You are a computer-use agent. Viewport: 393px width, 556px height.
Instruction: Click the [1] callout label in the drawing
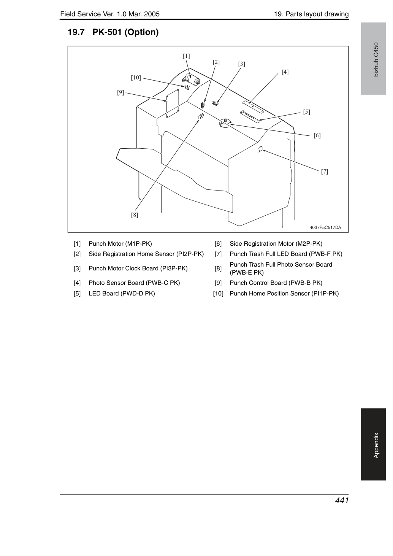pos(186,56)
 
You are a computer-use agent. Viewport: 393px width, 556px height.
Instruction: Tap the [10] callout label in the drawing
pos(136,78)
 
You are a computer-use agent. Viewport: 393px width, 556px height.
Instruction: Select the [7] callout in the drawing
pos(325,172)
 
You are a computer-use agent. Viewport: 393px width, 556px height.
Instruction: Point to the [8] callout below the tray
pos(135,215)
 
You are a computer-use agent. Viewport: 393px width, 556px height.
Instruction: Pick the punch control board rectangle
pos(173,103)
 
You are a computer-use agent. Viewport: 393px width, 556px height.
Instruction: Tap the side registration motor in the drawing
pos(225,123)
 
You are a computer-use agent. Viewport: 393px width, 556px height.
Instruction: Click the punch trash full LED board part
pos(260,149)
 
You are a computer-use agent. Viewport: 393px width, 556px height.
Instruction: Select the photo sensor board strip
pos(253,106)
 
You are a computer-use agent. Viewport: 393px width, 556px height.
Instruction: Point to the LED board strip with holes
pos(250,116)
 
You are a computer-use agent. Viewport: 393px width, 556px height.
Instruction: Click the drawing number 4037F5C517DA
pos(325,227)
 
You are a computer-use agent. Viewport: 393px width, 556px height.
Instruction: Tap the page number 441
pos(342,500)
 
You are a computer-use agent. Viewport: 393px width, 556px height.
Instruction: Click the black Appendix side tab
pos(373,444)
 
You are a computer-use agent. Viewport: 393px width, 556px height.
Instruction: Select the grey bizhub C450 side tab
pos(373,59)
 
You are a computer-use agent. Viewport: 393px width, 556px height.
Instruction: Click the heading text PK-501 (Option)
pos(125,32)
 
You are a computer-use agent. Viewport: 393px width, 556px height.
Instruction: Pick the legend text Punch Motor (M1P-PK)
pos(120,244)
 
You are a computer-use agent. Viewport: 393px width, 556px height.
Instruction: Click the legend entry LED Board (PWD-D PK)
pos(122,293)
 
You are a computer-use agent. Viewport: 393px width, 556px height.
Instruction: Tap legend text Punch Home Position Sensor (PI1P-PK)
pos(284,293)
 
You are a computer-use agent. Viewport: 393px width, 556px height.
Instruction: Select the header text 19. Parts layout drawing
pos(311,14)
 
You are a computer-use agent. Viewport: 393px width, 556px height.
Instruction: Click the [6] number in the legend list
pos(218,244)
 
